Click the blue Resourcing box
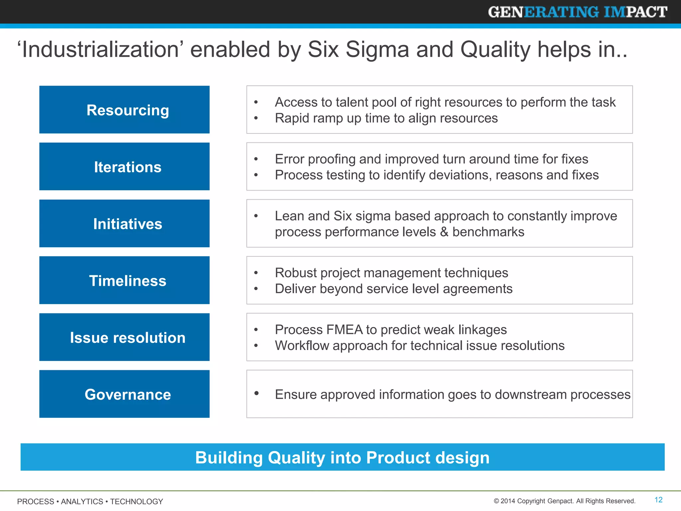[x=124, y=110]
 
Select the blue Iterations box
[x=124, y=167]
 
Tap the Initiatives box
[x=124, y=224]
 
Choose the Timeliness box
[x=124, y=280]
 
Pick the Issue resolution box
[x=124, y=337]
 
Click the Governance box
[x=124, y=394]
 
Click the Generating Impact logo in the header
[x=577, y=12]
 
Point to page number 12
[x=658, y=500]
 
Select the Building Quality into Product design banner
[x=342, y=457]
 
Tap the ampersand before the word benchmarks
[x=444, y=232]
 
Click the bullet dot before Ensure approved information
[x=256, y=393]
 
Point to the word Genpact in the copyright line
[x=561, y=501]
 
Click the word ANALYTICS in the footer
[x=82, y=501]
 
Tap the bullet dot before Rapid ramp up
[x=256, y=118]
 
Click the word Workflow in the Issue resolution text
[x=302, y=346]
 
